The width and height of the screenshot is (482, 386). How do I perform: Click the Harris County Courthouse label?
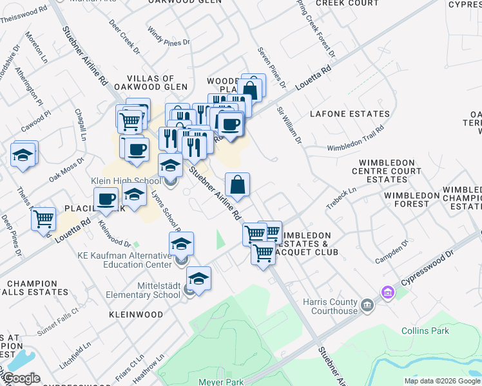click(331, 306)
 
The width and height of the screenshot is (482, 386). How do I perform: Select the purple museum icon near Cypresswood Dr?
click(387, 293)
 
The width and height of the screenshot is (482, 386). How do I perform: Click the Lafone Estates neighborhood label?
click(349, 114)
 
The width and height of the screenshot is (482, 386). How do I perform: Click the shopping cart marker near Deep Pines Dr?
click(44, 219)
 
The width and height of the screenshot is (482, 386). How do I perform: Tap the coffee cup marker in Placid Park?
click(106, 199)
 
